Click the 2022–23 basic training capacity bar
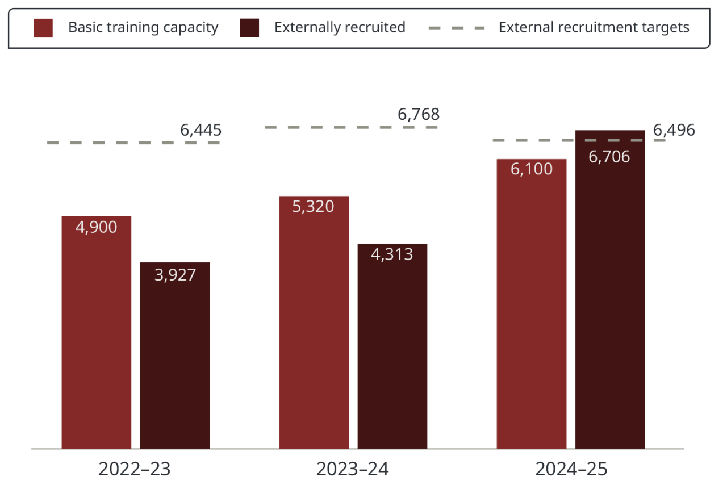pyautogui.click(x=97, y=341)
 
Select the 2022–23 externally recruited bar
pyautogui.click(x=175, y=363)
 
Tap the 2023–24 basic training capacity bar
pyautogui.click(x=314, y=329)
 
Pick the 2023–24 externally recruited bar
pyautogui.click(x=392, y=352)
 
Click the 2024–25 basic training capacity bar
pyautogui.click(x=532, y=312)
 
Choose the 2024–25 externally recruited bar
pyautogui.click(x=610, y=301)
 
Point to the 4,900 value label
pyautogui.click(x=97, y=227)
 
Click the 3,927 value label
pyautogui.click(x=175, y=275)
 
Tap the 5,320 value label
pyautogui.click(x=314, y=206)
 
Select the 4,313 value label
pyautogui.click(x=392, y=254)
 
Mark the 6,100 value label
pyautogui.click(x=532, y=169)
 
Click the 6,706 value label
pyautogui.click(x=609, y=157)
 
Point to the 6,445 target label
pyautogui.click(x=200, y=131)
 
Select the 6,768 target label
pyautogui.click(x=419, y=115)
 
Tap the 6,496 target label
pyautogui.click(x=674, y=131)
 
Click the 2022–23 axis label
pyautogui.click(x=135, y=469)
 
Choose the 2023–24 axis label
pyautogui.click(x=353, y=469)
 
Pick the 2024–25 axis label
pyautogui.click(x=571, y=469)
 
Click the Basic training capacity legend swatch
pyautogui.click(x=43, y=28)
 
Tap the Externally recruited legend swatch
pyautogui.click(x=249, y=28)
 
